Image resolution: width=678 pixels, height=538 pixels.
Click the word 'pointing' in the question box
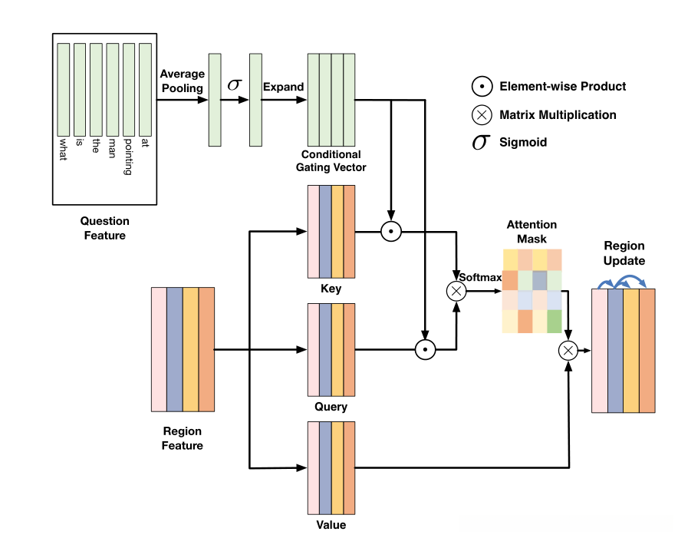(128, 157)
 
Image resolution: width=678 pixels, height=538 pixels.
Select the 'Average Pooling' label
(182, 81)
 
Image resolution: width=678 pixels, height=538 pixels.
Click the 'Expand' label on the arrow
(283, 87)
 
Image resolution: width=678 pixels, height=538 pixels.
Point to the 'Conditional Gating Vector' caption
(331, 160)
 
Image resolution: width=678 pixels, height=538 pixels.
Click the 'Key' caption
(331, 289)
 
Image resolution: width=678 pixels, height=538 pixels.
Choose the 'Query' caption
(331, 407)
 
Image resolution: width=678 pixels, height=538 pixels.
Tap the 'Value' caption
(331, 525)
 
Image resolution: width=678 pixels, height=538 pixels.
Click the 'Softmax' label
(479, 276)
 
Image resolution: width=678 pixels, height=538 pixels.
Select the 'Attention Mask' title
(532, 232)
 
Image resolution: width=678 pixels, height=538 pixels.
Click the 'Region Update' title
(624, 253)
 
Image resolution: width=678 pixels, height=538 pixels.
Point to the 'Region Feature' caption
(182, 438)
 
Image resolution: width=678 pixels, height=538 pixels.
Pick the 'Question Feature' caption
(104, 229)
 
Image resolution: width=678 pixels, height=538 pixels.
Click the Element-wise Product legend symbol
(481, 87)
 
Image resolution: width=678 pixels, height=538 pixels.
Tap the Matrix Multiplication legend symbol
(481, 115)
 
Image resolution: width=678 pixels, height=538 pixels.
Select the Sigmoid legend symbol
(480, 143)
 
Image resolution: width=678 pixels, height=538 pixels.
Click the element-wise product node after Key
(391, 231)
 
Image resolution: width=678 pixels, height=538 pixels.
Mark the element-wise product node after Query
(423, 350)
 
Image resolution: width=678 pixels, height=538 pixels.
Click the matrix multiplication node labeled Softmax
(456, 290)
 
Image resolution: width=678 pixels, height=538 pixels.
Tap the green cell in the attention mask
(554, 320)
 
